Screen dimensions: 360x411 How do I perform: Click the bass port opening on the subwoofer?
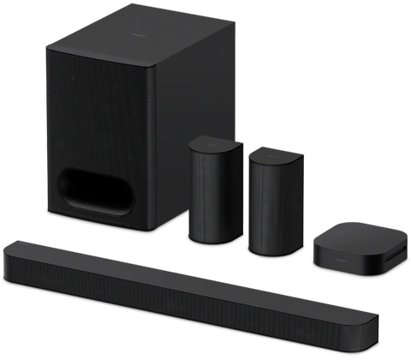107,190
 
